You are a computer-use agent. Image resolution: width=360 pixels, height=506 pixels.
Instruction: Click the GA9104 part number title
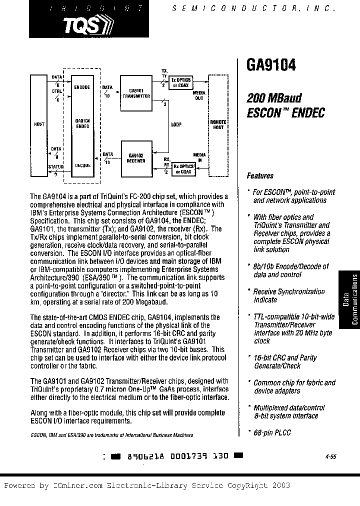pyautogui.click(x=271, y=65)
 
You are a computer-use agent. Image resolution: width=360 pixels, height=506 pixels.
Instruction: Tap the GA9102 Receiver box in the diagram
pyautogui.click(x=136, y=157)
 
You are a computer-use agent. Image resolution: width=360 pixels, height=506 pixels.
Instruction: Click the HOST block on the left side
pyautogui.click(x=39, y=124)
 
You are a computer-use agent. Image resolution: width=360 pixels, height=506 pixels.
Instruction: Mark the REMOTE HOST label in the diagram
pyautogui.click(x=218, y=124)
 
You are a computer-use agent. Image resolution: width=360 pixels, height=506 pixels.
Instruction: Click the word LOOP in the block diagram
pyautogui.click(x=176, y=124)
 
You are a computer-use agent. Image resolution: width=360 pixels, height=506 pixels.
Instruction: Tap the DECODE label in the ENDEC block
pyautogui.click(x=82, y=165)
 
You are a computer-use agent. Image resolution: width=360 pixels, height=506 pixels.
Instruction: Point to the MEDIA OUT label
pyautogui.click(x=199, y=95)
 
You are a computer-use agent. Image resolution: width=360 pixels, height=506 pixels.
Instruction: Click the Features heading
pyautogui.click(x=260, y=176)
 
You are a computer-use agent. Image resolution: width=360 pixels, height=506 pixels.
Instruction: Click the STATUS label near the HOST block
pyautogui.click(x=55, y=166)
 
